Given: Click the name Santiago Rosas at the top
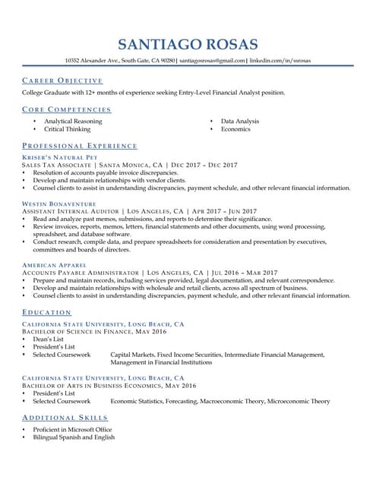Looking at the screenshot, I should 188,44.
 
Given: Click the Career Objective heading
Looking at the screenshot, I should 62,80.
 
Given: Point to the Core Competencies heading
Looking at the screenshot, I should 67,110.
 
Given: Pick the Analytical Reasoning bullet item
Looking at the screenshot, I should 74,121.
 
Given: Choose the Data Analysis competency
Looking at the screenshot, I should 239,121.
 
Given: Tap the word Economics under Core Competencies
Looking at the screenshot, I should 235,129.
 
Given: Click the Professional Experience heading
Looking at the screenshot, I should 80,146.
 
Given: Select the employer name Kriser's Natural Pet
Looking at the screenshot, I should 60,157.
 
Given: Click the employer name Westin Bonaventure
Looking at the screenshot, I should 58,204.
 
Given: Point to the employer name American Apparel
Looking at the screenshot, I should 55,265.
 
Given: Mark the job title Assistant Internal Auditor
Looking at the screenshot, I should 71,211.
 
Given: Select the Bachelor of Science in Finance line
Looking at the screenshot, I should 94,332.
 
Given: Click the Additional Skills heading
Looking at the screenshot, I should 65,418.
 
